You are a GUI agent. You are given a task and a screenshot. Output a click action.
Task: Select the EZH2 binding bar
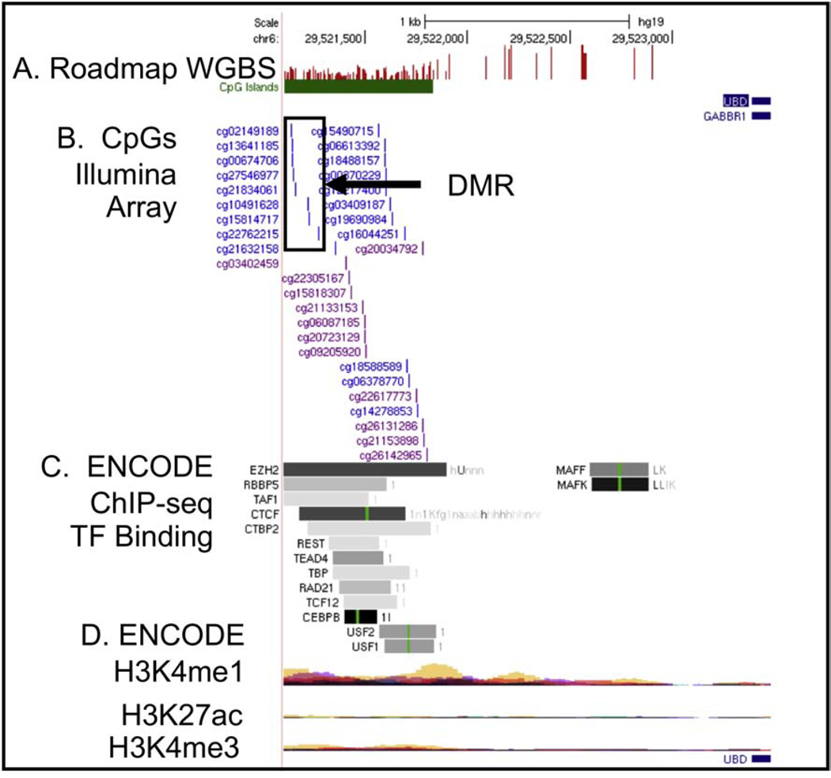[x=364, y=469]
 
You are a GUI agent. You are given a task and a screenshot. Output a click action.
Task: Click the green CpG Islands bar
[x=358, y=86]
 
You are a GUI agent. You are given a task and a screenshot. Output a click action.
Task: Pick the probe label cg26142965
[x=392, y=455]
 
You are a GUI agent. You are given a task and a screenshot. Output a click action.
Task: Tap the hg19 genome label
[x=639, y=22]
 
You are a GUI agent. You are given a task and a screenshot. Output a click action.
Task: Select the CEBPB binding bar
[x=360, y=616]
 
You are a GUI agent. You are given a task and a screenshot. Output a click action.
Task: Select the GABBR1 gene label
[x=724, y=116]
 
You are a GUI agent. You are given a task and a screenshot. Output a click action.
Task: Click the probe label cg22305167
[x=313, y=279]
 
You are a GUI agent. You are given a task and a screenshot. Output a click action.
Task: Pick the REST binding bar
[x=354, y=543]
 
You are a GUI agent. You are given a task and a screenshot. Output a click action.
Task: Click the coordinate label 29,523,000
[x=641, y=37]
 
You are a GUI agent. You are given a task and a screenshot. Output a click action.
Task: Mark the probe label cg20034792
[x=388, y=249]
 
